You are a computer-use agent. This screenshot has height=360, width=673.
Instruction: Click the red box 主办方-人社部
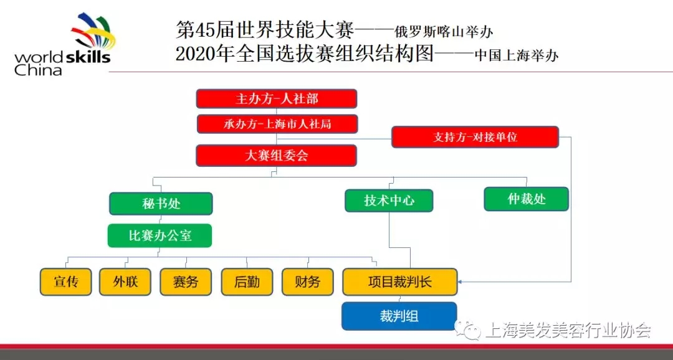[277, 98]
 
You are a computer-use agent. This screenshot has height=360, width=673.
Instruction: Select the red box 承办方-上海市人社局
[277, 124]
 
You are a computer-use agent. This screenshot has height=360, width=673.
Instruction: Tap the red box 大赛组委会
[277, 155]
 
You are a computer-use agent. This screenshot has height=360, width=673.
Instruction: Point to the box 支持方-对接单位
[475, 137]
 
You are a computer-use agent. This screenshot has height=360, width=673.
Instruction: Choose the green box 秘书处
[161, 204]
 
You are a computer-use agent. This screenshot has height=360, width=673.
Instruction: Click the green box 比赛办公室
[160, 235]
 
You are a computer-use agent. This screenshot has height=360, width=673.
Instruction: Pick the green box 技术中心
[389, 201]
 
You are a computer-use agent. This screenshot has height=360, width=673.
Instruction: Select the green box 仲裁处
[526, 199]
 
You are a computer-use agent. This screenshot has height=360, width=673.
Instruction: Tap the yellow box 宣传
[65, 282]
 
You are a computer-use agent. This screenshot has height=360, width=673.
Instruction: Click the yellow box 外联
[125, 282]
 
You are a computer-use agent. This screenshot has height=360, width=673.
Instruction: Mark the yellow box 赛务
[186, 282]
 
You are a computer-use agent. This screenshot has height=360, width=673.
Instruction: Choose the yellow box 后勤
[247, 282]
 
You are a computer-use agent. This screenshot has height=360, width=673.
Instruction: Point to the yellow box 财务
[308, 282]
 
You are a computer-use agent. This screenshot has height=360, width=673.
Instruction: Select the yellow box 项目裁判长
[400, 282]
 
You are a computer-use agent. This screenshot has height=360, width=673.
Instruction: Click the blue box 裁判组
[399, 316]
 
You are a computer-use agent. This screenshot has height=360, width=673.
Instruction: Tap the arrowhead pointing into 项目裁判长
[460, 282]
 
